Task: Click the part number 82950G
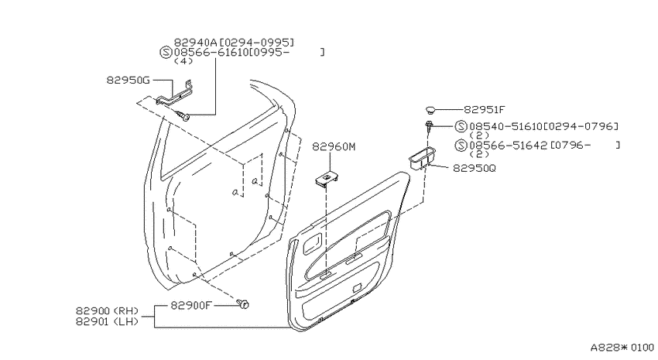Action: click(x=128, y=80)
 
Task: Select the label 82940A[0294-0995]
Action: click(x=234, y=43)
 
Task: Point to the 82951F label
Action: click(x=485, y=110)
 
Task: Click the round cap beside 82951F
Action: click(x=430, y=110)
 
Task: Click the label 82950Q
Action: click(x=475, y=168)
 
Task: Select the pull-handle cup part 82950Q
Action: click(x=422, y=158)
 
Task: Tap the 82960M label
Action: click(x=334, y=147)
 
